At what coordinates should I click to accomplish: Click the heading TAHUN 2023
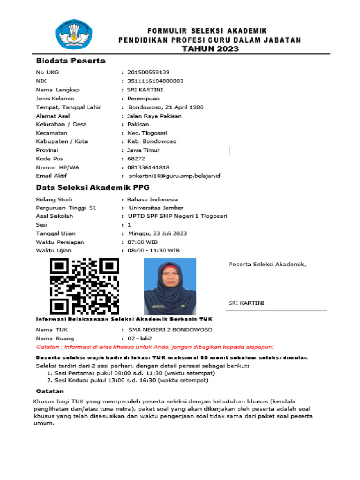[210, 49]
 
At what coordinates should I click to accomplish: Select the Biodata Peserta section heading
[71, 61]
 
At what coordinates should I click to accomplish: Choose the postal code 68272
[136, 159]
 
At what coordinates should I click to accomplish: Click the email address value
[174, 176]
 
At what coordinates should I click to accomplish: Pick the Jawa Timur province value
[143, 150]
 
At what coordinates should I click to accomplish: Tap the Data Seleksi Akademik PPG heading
[93, 187]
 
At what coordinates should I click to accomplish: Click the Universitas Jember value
[156, 208]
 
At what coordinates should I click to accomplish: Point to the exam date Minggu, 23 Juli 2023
[157, 233]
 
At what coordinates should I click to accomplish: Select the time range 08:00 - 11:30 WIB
[153, 251]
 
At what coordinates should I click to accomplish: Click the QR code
[84, 286]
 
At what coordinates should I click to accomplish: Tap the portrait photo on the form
[170, 286]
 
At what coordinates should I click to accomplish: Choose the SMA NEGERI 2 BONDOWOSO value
[170, 330]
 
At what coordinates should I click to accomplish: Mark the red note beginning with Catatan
[155, 347]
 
